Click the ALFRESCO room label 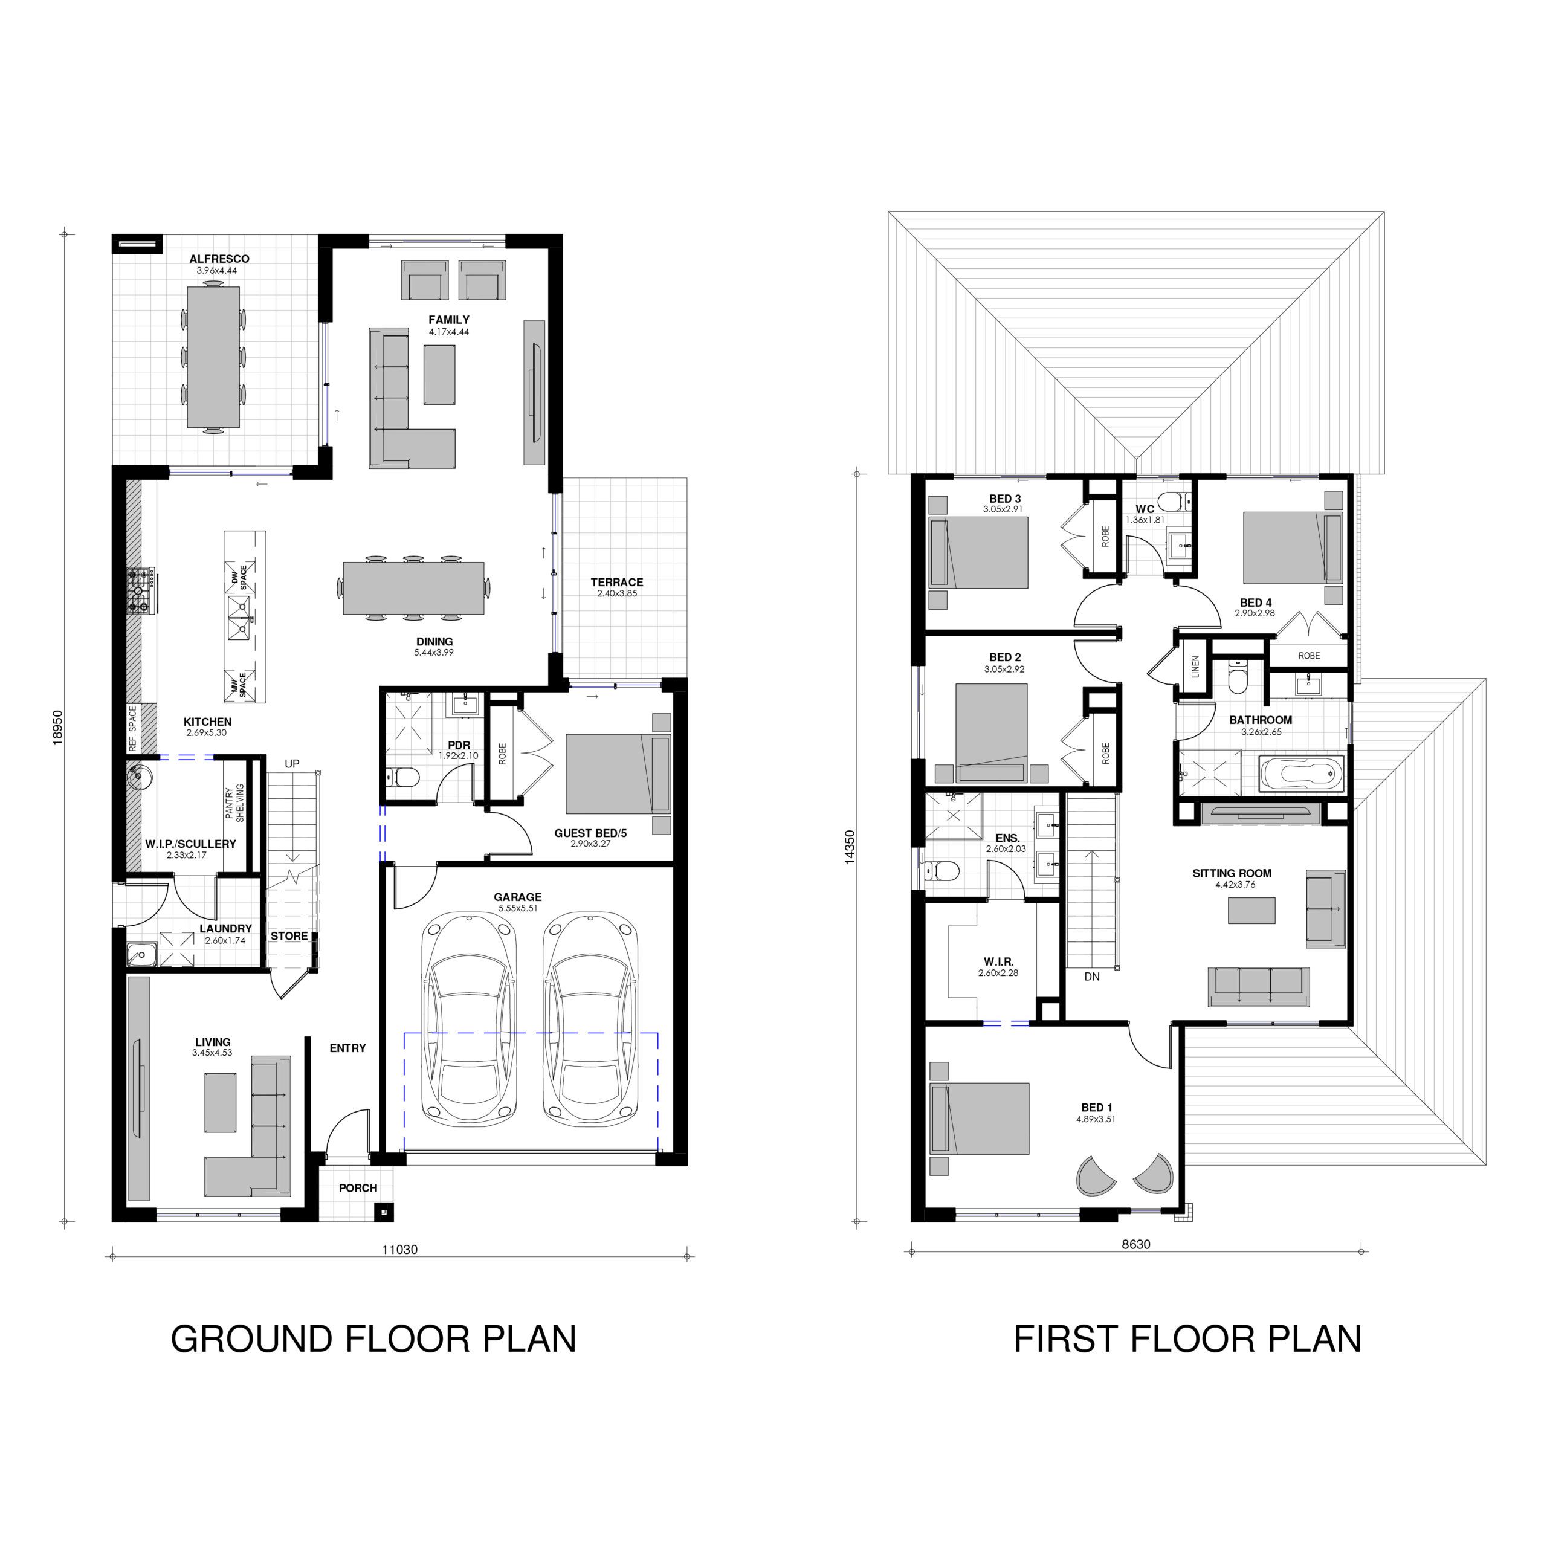219,259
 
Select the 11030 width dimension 399,1249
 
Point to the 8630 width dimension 1135,1244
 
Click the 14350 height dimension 850,847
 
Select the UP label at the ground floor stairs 292,764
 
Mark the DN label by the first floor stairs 1091,977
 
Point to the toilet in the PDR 403,777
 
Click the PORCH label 358,1188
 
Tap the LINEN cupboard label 1195,667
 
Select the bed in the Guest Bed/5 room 618,773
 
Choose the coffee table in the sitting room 1251,911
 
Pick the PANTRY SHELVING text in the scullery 234,803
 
